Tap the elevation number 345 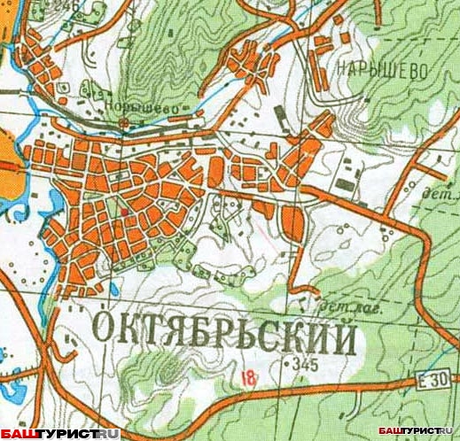point(305,364)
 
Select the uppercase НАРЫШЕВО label point(381,69)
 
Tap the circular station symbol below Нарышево point(124,118)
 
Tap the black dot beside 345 point(286,364)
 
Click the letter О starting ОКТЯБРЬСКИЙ point(105,331)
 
